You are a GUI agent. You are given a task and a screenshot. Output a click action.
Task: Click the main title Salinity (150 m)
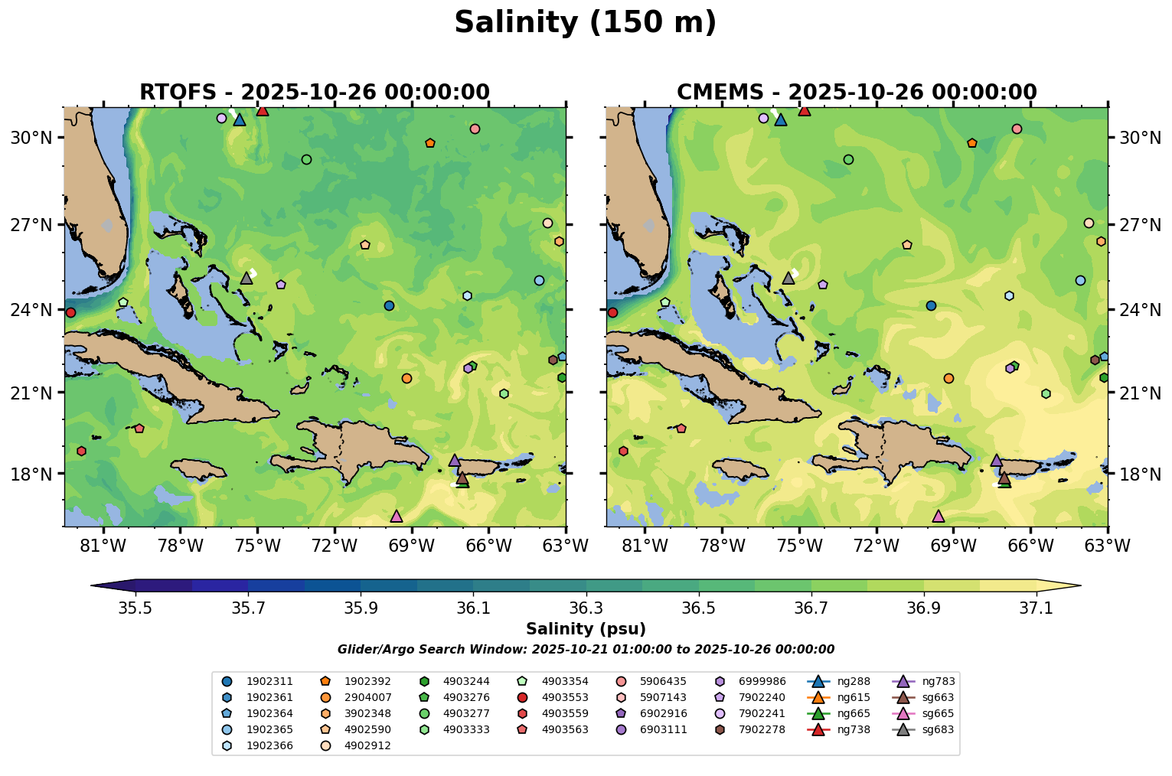point(585,23)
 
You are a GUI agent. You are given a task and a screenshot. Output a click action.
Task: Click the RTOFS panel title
point(314,93)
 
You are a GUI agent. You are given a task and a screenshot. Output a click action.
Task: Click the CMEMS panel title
point(857,93)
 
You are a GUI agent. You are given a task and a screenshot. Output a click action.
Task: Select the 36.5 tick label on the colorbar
point(698,608)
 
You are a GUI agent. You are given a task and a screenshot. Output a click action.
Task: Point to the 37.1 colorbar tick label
point(1037,608)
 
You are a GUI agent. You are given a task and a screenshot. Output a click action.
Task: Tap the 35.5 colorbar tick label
point(135,608)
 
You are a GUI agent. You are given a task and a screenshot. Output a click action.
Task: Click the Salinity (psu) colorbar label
point(586,629)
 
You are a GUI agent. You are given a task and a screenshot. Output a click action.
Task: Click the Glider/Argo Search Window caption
point(586,650)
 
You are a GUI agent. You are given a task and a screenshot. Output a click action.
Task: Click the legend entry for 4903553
point(565,698)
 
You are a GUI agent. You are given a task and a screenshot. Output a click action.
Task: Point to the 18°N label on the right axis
point(1137,474)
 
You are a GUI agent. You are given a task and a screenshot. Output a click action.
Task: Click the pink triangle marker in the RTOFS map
point(396,517)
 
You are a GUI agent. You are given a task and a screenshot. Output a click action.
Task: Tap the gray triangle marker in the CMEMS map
point(788,278)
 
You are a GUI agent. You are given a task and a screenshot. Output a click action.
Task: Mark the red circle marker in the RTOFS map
point(70,312)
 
